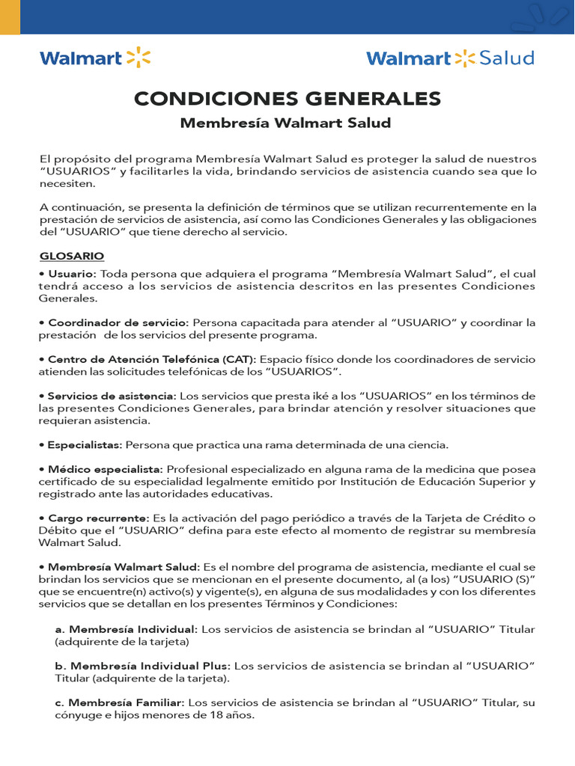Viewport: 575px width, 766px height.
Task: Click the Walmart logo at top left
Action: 94,58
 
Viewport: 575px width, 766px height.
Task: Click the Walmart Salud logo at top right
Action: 450,58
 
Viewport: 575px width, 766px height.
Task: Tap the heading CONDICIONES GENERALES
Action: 287,99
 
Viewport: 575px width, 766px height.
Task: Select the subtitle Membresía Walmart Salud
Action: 285,123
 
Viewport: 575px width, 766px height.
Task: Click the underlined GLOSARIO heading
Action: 71,256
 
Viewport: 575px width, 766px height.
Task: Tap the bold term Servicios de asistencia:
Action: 112,396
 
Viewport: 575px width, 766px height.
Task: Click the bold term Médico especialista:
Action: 106,469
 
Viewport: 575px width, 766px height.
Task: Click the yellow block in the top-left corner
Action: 10,16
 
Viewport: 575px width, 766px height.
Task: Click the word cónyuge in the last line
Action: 78,715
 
